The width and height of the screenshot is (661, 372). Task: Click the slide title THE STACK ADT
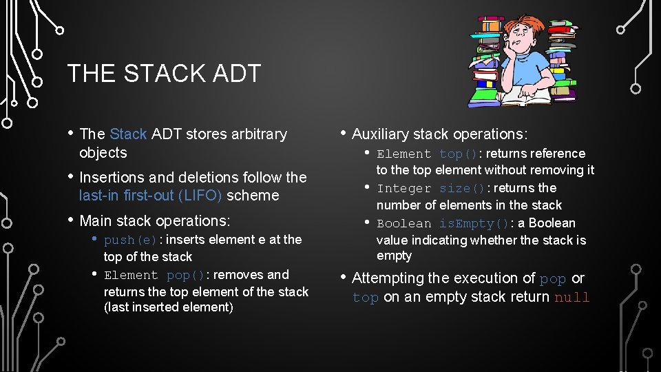coord(164,73)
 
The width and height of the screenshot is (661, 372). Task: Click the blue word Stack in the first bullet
coord(128,134)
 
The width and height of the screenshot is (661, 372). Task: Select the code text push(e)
coord(131,240)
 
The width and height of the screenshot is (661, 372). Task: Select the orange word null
coord(571,298)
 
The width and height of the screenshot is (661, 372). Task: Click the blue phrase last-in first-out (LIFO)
coord(150,196)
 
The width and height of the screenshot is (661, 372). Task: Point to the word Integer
coord(404,188)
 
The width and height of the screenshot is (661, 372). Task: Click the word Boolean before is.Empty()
coord(404,223)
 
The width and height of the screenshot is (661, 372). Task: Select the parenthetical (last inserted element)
coord(169,307)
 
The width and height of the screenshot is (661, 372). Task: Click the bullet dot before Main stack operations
coord(72,220)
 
